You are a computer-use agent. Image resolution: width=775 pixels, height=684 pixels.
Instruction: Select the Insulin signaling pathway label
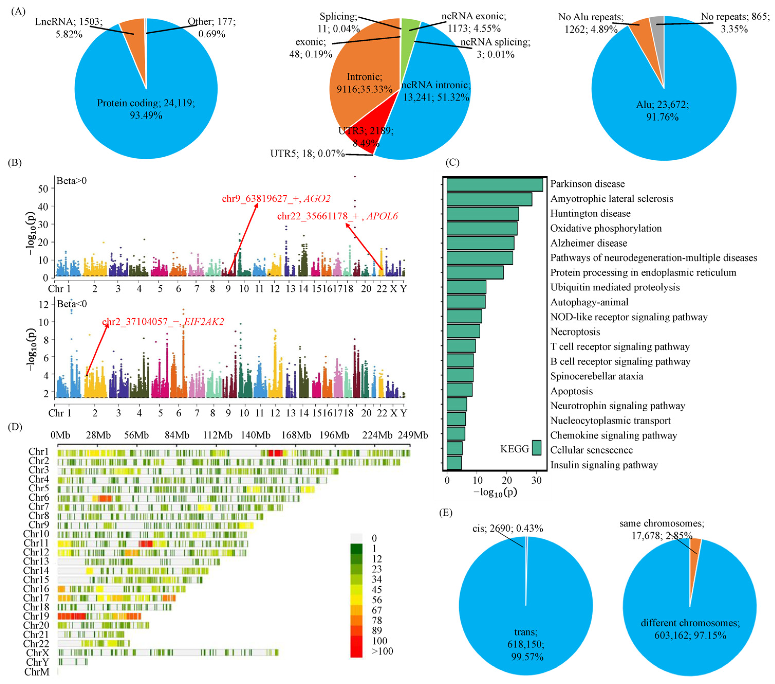point(604,465)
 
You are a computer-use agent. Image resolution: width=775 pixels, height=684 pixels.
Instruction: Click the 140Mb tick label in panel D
point(256,435)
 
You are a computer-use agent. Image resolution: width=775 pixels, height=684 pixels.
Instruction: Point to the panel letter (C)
point(452,163)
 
